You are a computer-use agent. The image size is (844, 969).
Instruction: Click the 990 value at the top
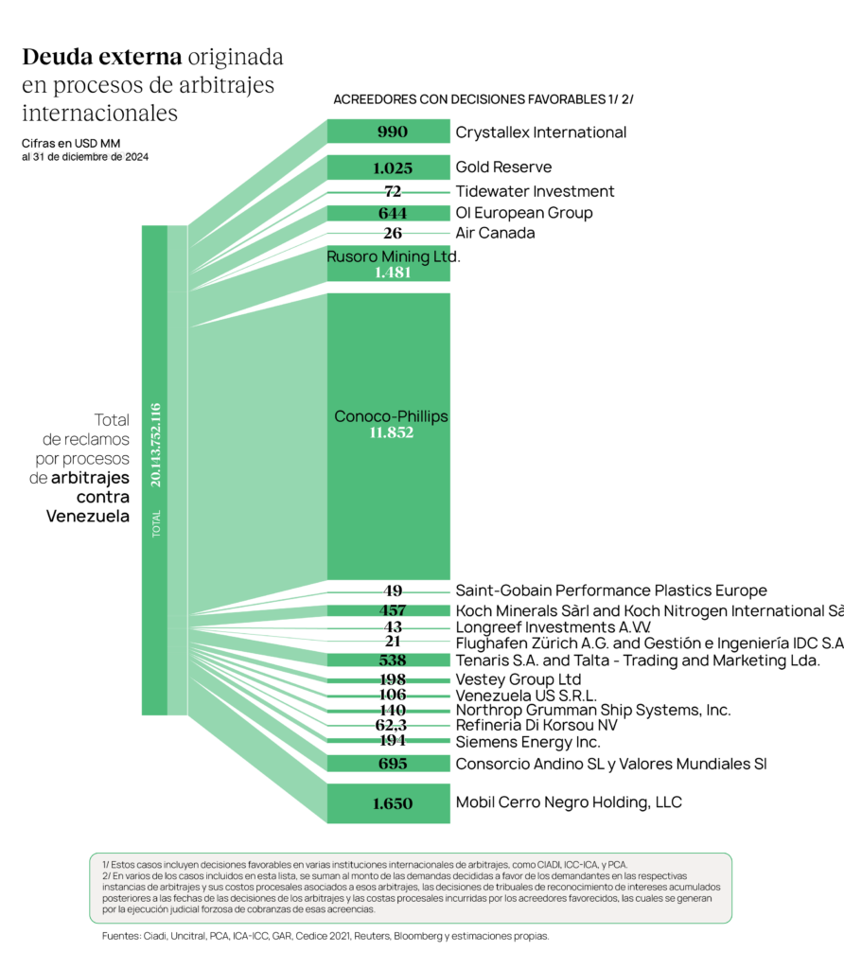[392, 132]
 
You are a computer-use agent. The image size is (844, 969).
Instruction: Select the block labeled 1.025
[392, 168]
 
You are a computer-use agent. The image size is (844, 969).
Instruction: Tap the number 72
[392, 191]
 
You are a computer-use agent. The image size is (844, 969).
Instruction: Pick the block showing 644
[392, 214]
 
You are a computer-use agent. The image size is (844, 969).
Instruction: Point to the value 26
[392, 233]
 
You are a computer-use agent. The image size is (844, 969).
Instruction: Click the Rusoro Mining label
[389, 255]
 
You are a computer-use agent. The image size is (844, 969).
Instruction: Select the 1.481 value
[392, 273]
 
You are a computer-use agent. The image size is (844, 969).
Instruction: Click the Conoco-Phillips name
[391, 416]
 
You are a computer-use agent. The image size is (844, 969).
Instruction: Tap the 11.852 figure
[392, 433]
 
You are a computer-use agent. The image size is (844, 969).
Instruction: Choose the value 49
[392, 591]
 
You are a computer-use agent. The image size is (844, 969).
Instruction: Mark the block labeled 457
[392, 610]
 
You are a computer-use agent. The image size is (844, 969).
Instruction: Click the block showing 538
[392, 660]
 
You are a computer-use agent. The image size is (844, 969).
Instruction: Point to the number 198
[392, 679]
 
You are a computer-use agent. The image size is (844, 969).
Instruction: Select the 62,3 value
[392, 725]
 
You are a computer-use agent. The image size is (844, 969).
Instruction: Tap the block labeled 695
[392, 764]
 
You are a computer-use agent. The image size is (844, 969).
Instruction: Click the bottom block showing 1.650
[392, 803]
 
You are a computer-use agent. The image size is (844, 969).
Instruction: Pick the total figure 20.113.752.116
[155, 445]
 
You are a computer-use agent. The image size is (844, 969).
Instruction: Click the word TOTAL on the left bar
[156, 524]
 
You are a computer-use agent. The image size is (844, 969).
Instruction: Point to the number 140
[392, 710]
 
